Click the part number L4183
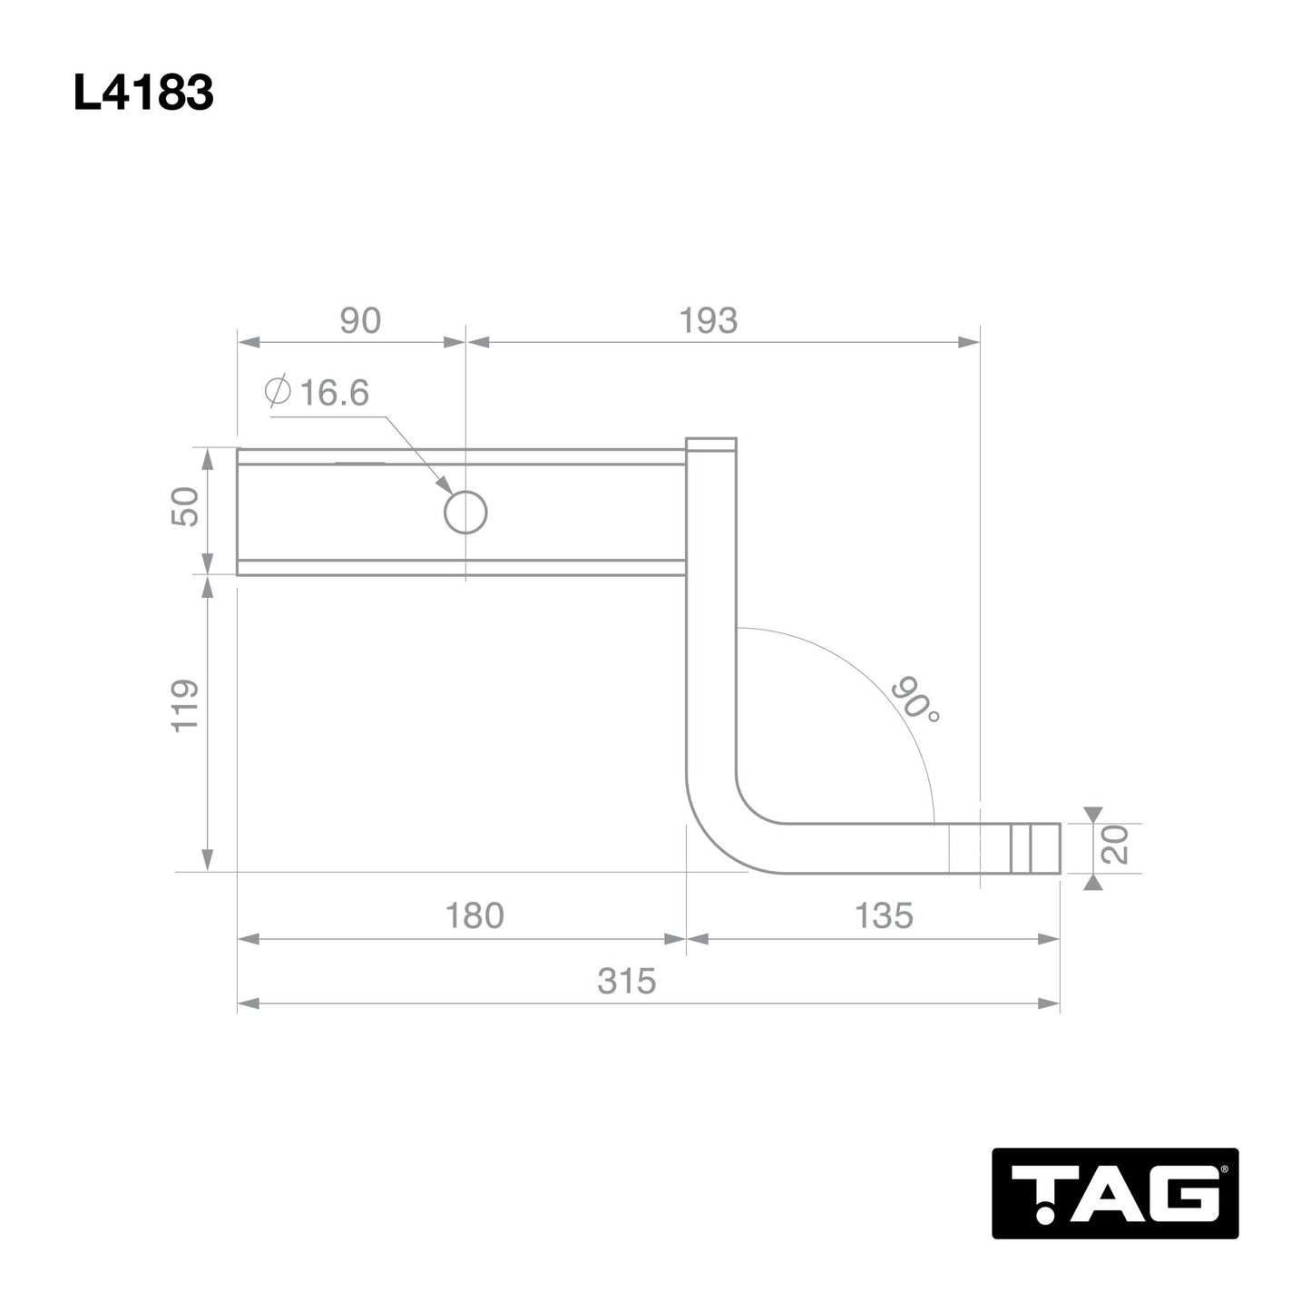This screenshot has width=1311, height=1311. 143,93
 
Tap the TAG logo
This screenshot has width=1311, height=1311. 1114,1193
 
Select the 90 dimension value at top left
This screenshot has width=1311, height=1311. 360,321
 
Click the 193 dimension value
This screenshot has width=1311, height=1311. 709,321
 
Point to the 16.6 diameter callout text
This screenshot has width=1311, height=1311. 333,393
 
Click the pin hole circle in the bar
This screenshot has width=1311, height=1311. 465,513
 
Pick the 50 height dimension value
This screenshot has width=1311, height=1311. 185,506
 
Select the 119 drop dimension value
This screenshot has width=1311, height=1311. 185,706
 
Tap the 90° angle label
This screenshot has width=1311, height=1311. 915,700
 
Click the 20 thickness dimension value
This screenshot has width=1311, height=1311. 1117,844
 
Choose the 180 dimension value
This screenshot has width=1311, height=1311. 474,916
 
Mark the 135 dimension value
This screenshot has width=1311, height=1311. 883,916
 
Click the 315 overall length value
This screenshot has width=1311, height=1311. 626,982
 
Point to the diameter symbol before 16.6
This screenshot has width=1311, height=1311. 278,392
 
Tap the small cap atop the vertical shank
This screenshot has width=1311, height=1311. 711,445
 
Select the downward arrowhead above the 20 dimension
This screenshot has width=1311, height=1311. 1093,814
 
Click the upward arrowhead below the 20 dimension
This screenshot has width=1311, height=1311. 1093,882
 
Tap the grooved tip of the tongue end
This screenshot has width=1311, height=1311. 1034,848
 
